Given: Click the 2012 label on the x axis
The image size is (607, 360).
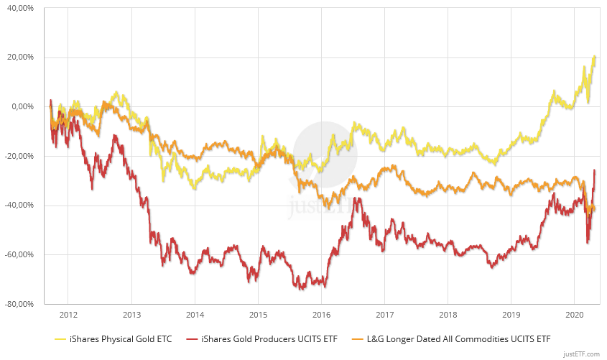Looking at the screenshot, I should [68, 315].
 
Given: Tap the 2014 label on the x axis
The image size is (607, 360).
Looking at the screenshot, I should [195, 315].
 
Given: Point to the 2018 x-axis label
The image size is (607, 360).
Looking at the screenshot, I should [448, 315].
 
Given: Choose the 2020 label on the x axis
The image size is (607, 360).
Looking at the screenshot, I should [574, 315].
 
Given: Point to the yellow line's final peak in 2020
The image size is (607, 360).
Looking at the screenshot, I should [596, 56].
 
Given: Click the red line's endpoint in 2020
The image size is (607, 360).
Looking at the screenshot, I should [595, 170].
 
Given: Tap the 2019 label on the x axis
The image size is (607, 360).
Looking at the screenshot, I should [511, 315].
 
